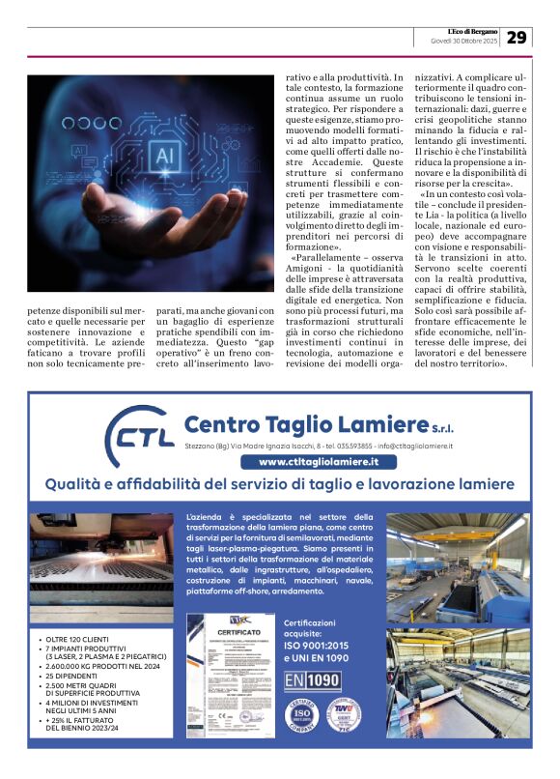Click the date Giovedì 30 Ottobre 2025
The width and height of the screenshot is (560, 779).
coord(463,43)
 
